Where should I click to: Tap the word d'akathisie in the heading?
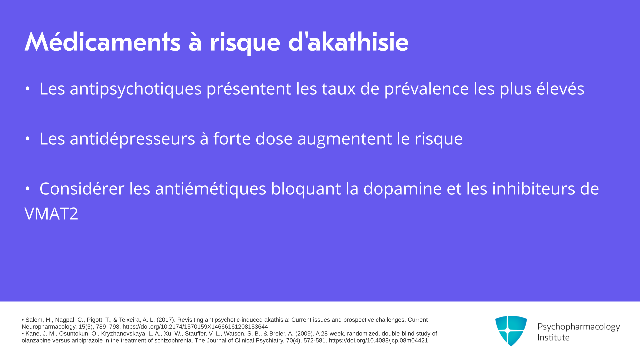[348, 42]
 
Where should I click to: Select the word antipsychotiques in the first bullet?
[136, 89]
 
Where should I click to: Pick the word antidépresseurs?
[132, 139]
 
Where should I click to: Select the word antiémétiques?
[211, 189]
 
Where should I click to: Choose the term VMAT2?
[51, 214]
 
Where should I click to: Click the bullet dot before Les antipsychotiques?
[28, 89]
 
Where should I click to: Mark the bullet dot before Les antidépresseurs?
[28, 139]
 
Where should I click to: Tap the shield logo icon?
[511, 331]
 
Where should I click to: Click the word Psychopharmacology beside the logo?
[579, 327]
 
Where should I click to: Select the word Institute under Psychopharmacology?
[554, 338]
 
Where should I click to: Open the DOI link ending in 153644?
[195, 327]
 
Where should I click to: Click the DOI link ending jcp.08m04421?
[378, 341]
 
